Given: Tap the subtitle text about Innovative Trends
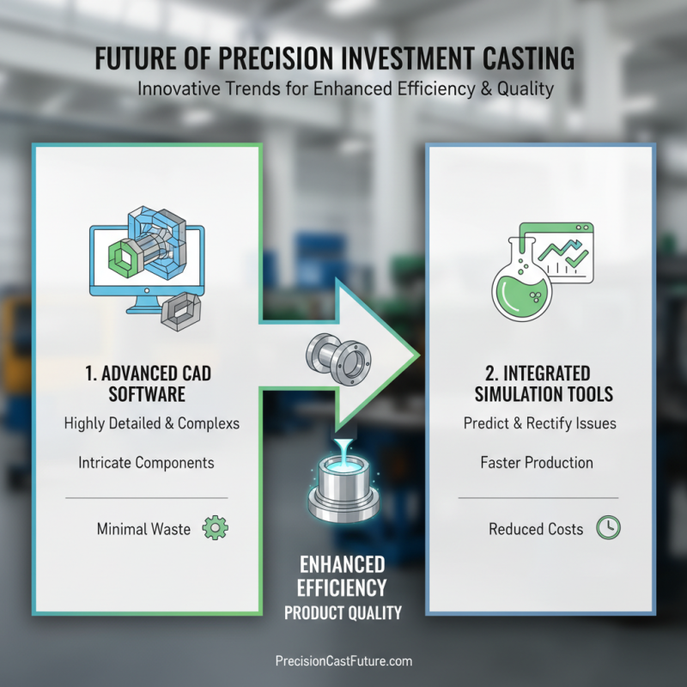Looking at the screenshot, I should click(x=344, y=89).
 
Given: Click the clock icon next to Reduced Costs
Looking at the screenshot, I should click(x=609, y=528).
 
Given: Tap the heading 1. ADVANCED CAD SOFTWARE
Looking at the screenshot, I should click(x=147, y=384).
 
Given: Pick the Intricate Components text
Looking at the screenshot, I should click(x=147, y=463).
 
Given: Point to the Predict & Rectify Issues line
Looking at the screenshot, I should click(x=539, y=423).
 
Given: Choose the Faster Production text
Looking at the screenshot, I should click(x=537, y=463).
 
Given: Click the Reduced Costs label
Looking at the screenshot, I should click(x=536, y=529).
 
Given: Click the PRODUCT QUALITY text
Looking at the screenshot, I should click(x=343, y=613).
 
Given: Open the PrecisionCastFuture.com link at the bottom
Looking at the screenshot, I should click(x=343, y=661).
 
